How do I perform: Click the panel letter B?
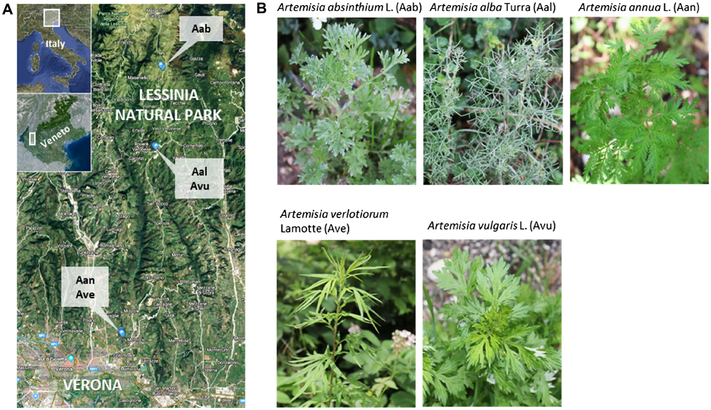261,8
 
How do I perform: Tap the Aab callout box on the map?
201,29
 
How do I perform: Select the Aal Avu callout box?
200,179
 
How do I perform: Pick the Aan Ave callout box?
85,287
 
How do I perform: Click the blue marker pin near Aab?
162,65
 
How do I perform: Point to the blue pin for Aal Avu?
155,145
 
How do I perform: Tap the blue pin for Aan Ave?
122,332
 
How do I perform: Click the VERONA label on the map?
93,385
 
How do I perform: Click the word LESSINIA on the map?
169,95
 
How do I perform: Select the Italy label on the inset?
55,44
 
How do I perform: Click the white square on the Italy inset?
52,18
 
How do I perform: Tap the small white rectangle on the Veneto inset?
32,139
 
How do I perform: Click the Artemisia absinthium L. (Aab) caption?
349,7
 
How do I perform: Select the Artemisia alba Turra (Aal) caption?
493,7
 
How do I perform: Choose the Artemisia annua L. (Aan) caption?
639,7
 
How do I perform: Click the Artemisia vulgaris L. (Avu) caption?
491,226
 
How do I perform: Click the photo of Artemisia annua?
639,101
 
